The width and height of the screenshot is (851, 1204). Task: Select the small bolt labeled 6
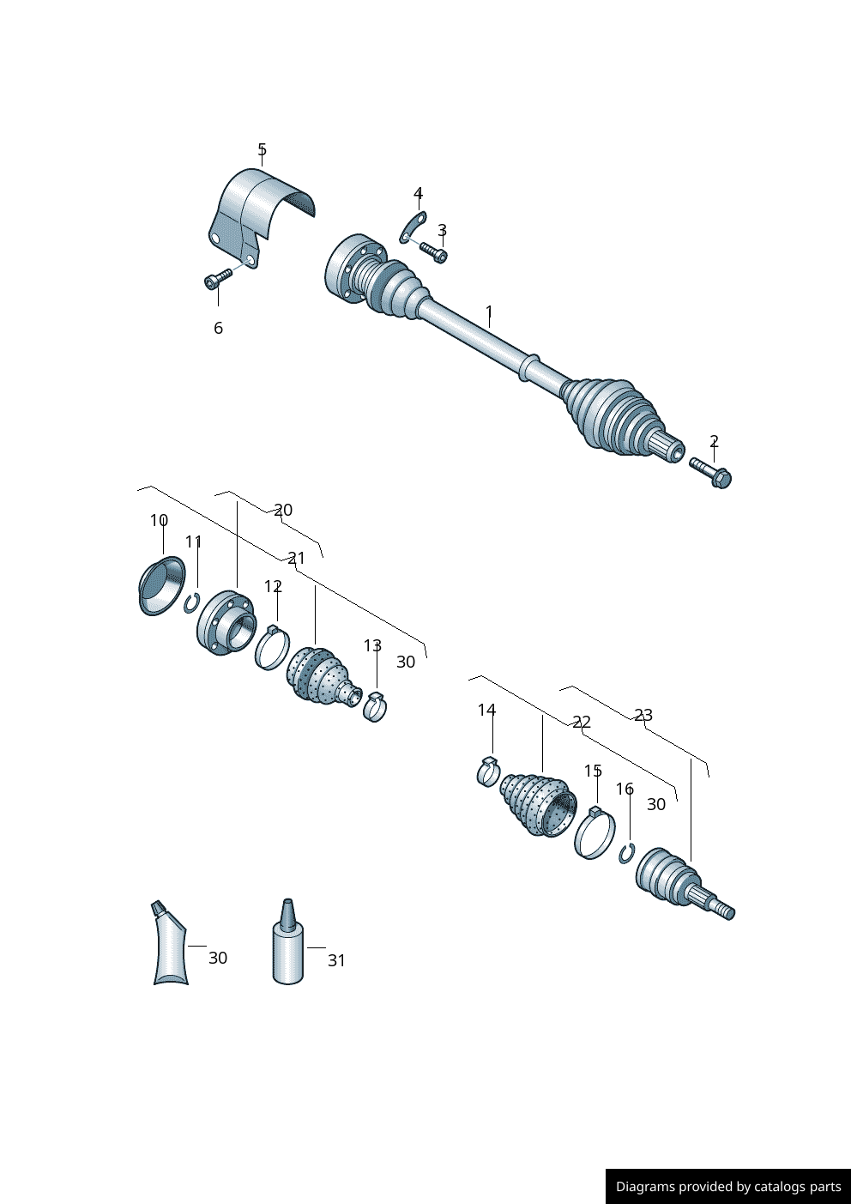pyautogui.click(x=218, y=278)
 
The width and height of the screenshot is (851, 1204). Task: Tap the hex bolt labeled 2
pyautogui.click(x=710, y=471)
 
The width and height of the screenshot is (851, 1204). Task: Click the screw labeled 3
pyautogui.click(x=433, y=251)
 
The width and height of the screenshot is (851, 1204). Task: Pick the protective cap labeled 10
pyautogui.click(x=161, y=585)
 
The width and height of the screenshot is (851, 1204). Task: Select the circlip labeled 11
pyautogui.click(x=192, y=603)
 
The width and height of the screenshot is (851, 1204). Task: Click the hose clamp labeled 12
pyautogui.click(x=272, y=649)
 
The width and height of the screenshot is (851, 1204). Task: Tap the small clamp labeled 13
pyautogui.click(x=375, y=706)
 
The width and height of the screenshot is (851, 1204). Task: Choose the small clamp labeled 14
pyautogui.click(x=488, y=771)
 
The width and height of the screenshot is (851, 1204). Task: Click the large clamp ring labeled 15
pyautogui.click(x=594, y=833)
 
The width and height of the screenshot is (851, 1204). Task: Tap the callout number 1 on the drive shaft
pyautogui.click(x=489, y=312)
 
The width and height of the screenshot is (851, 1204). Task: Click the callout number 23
pyautogui.click(x=643, y=715)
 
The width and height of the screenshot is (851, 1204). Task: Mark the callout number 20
pyautogui.click(x=283, y=510)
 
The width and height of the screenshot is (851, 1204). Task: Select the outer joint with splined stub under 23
pyautogui.click(x=678, y=884)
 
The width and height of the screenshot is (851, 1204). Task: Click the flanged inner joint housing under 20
pyautogui.click(x=226, y=623)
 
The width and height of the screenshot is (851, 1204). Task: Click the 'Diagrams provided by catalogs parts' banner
pyautogui.click(x=727, y=1186)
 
